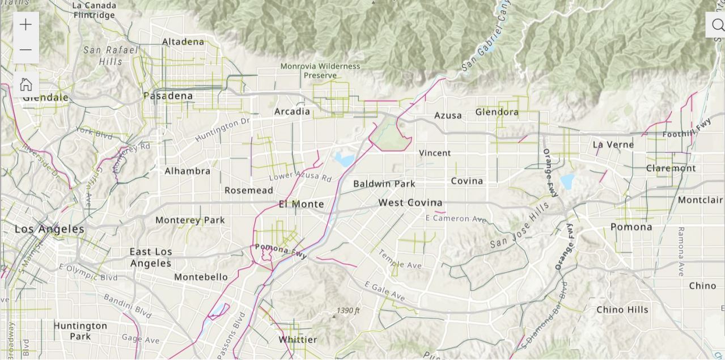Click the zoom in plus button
(26, 25)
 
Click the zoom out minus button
(26, 50)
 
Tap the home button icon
(26, 84)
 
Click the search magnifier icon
(717, 26)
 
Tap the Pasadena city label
(168, 96)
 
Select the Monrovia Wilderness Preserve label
(320, 70)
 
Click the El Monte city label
(302, 204)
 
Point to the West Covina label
(410, 202)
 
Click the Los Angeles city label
(49, 229)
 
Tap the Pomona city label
(631, 227)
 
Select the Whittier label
(298, 340)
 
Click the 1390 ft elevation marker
(348, 310)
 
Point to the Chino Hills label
(622, 310)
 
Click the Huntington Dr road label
(222, 130)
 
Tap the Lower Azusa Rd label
(300, 177)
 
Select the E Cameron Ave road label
(456, 218)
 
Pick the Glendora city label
(497, 112)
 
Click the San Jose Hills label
(520, 226)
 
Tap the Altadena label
(183, 41)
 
